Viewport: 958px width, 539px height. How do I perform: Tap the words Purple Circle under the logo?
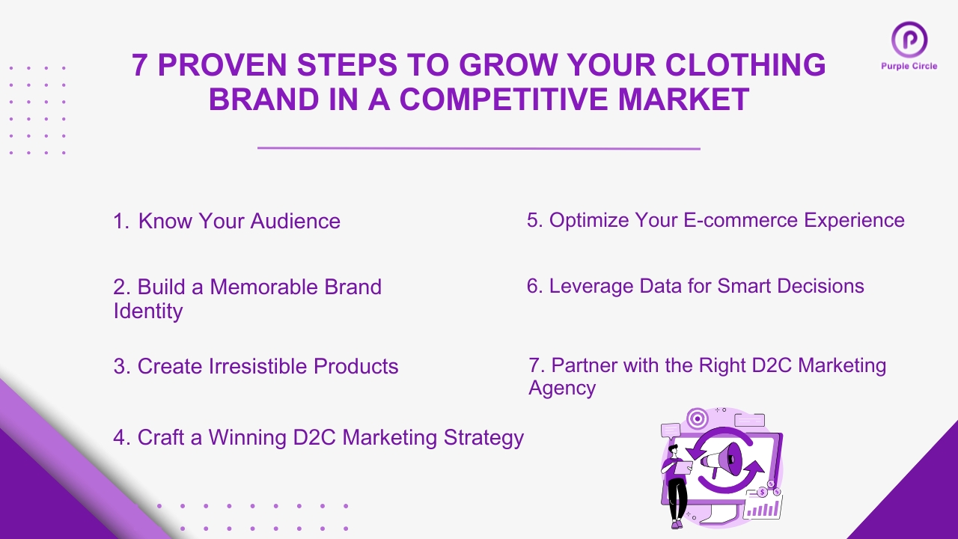[909, 66]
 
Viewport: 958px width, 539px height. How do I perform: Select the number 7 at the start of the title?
[139, 66]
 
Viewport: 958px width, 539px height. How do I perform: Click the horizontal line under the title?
[479, 148]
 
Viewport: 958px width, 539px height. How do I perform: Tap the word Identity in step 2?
[148, 311]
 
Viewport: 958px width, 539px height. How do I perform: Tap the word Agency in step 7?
[562, 389]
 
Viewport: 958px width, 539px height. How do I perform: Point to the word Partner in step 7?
[586, 365]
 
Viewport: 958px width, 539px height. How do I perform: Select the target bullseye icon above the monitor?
[696, 417]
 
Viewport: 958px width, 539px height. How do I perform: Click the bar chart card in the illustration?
[762, 507]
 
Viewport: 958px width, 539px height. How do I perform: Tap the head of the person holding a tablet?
[673, 449]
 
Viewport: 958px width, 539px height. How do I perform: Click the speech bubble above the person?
[671, 430]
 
